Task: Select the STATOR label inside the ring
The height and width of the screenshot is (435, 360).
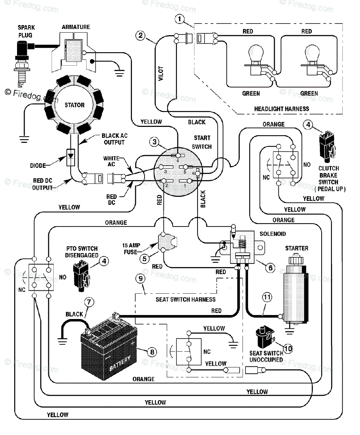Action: [75, 105]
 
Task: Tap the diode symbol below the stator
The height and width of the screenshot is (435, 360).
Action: [71, 157]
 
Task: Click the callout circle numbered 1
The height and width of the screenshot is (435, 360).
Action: [179, 19]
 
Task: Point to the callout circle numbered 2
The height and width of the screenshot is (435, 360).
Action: [140, 36]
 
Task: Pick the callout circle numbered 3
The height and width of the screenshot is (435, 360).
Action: [154, 142]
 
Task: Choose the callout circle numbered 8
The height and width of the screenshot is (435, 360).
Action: [152, 352]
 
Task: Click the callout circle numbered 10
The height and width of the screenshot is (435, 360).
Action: [288, 348]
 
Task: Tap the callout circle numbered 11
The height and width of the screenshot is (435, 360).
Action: [267, 297]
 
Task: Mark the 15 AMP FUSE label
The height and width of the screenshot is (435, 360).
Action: [131, 249]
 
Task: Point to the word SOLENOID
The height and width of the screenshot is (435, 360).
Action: [273, 234]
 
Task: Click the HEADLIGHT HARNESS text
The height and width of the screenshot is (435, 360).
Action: [281, 109]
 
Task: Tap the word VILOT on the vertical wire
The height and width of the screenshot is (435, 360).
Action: [161, 74]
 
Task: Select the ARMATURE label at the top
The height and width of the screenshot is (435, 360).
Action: [76, 27]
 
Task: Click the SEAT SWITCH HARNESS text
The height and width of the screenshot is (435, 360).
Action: [185, 299]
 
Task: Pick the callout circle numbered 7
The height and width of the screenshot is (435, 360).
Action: [89, 302]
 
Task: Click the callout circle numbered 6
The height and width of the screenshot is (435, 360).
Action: [270, 268]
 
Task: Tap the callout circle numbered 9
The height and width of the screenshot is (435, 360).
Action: [140, 278]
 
